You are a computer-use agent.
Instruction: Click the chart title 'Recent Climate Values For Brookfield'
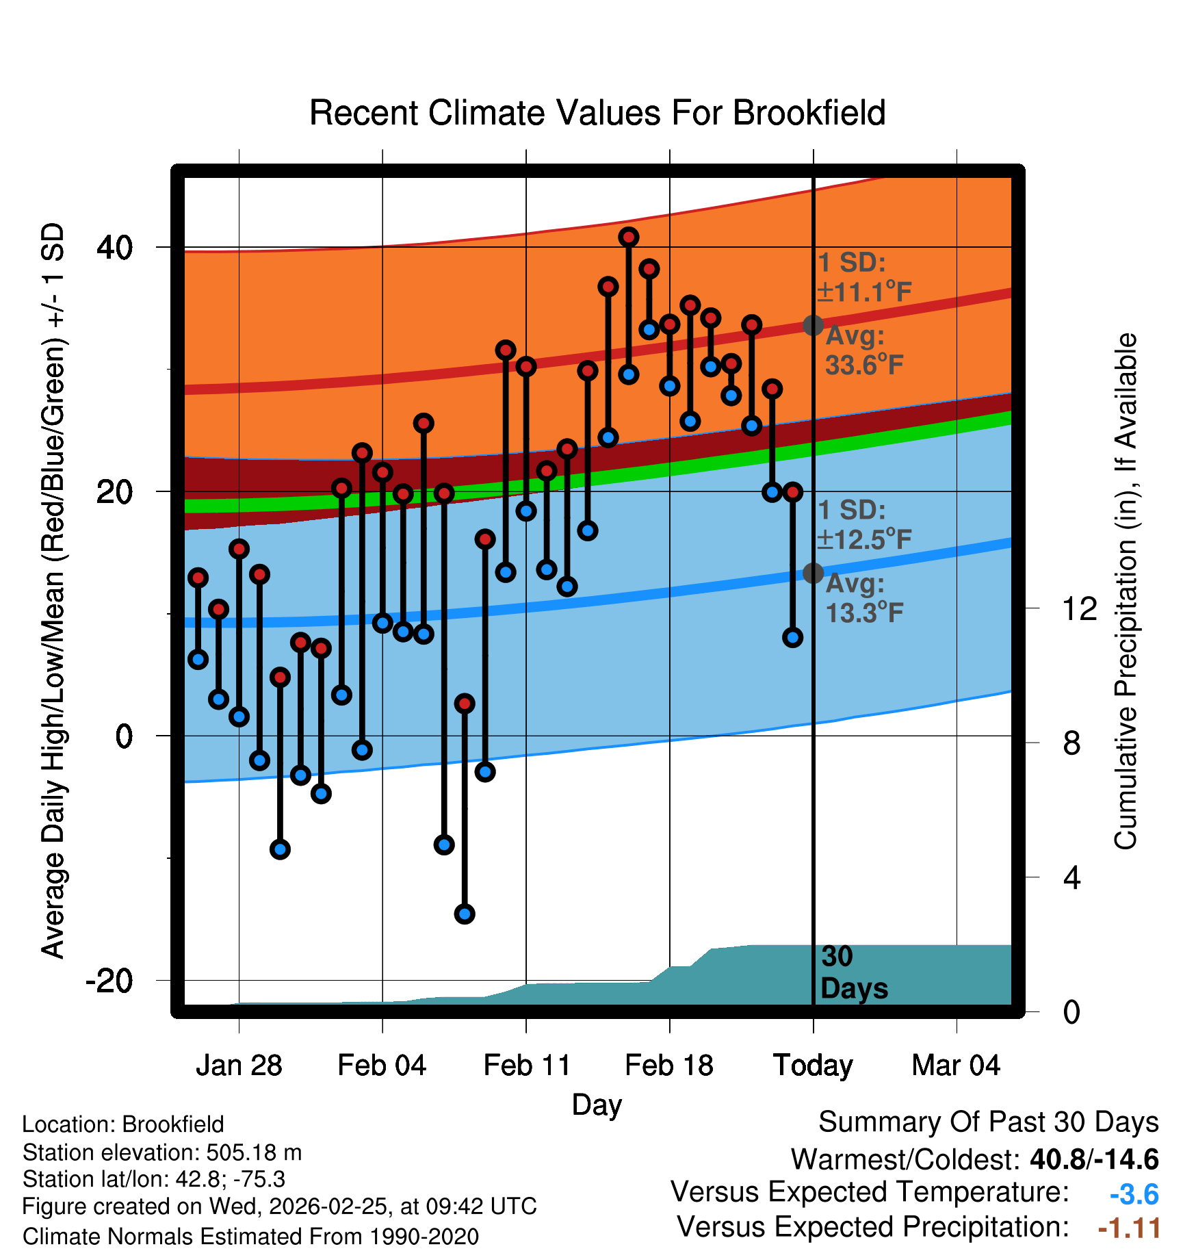(x=597, y=113)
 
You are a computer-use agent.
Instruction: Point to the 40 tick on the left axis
(x=115, y=247)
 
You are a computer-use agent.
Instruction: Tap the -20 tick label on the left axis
(x=109, y=981)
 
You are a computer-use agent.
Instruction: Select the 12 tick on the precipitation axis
(x=1080, y=608)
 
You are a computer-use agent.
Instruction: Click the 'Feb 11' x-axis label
(x=527, y=1066)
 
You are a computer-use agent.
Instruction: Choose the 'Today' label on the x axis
(x=813, y=1066)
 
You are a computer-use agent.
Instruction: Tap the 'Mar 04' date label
(x=956, y=1066)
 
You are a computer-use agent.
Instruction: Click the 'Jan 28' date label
(x=239, y=1066)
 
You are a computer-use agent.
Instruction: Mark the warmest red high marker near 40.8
(x=629, y=237)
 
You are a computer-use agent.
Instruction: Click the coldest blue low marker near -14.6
(x=465, y=914)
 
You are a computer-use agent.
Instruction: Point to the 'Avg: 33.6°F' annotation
(x=863, y=350)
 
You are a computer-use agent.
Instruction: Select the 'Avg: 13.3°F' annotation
(x=863, y=598)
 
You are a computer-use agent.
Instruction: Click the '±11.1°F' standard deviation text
(x=864, y=292)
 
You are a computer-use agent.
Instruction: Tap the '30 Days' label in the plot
(x=853, y=972)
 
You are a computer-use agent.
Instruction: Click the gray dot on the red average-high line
(x=813, y=325)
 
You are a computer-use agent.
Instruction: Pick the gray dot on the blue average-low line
(x=813, y=573)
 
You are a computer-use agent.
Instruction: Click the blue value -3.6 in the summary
(x=1134, y=1194)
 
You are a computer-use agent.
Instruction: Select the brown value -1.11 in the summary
(x=1129, y=1228)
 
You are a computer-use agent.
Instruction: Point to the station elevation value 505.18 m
(x=254, y=1152)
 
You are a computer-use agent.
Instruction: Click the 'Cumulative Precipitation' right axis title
(x=1126, y=591)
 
